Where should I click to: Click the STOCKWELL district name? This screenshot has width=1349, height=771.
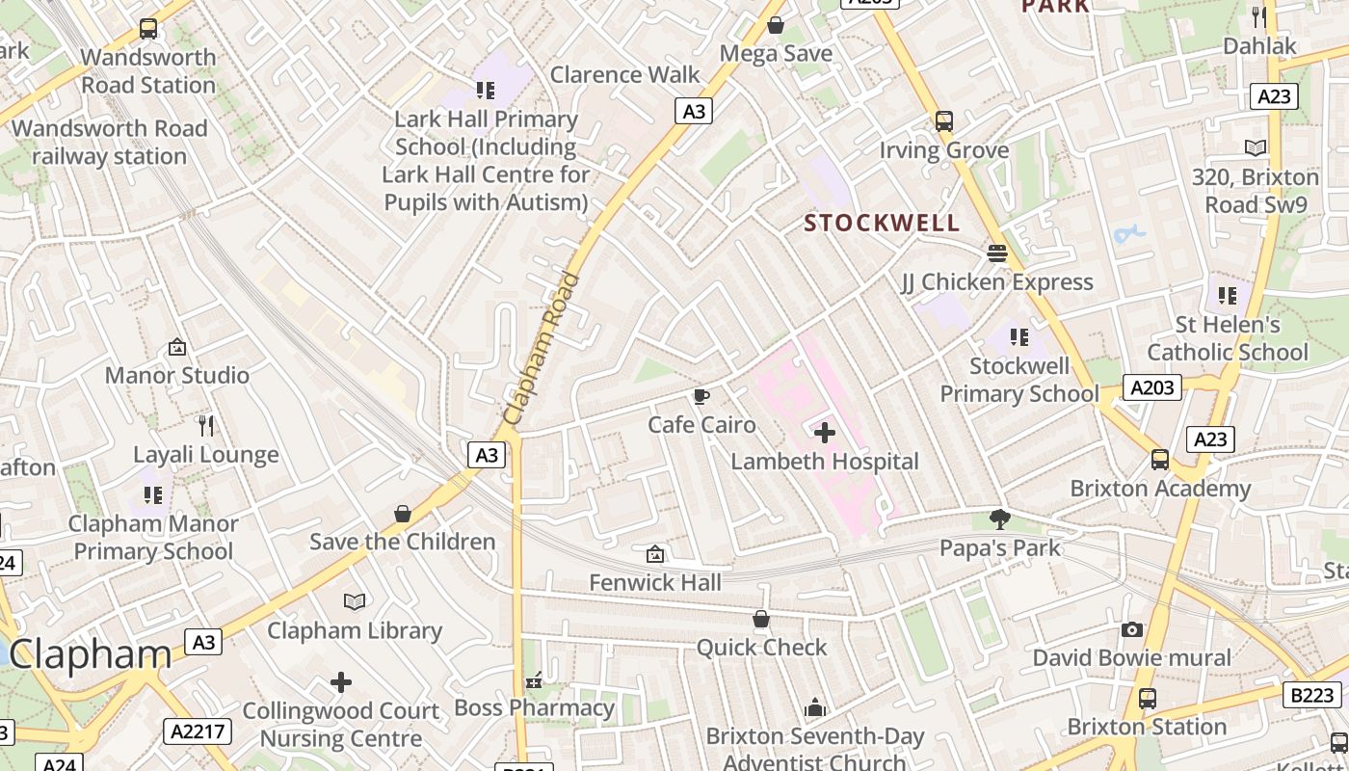point(882,224)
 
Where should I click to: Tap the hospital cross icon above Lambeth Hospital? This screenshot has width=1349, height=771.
point(825,433)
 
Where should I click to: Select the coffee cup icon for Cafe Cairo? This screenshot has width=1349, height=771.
point(701,396)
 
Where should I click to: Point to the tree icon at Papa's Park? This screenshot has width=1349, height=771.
point(1000,519)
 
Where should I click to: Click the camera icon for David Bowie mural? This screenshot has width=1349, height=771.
point(1132,630)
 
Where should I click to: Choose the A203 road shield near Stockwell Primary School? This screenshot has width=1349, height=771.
point(1152,387)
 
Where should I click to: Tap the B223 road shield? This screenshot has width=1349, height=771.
point(1312,694)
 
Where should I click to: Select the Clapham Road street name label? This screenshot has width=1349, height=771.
point(542,349)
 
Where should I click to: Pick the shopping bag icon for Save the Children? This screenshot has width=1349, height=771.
point(403,514)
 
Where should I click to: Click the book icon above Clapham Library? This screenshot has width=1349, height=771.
point(355,602)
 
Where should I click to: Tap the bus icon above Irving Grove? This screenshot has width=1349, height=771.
point(944,121)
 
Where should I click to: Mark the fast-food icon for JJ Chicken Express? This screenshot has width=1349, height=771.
point(996,253)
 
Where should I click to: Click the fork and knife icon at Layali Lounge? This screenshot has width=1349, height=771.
point(205,426)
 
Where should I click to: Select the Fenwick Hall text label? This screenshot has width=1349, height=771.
point(654,582)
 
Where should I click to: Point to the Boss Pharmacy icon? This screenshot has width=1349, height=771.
point(534,681)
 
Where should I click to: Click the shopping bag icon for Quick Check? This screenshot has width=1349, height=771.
point(761,619)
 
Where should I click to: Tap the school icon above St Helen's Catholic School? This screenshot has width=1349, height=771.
point(1228,296)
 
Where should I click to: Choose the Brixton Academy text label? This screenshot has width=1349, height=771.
point(1160,489)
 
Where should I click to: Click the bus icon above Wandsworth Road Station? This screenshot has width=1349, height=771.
point(148,30)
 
